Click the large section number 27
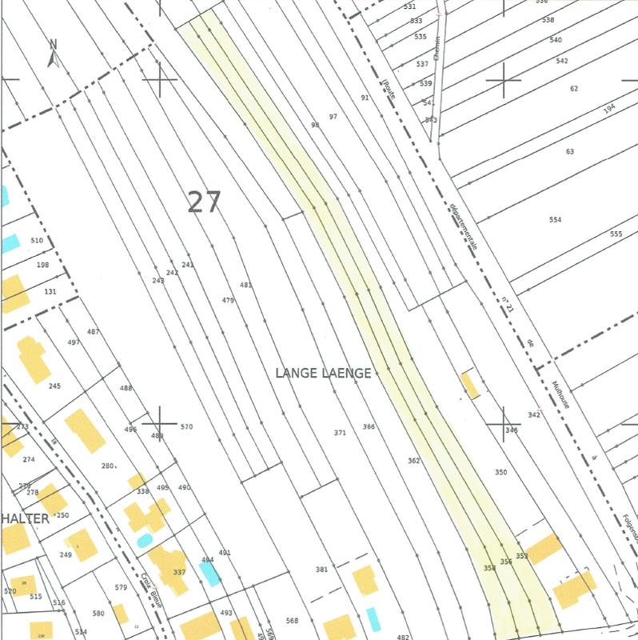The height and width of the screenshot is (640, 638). tap(203, 202)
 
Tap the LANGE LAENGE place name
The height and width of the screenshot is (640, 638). tap(323, 373)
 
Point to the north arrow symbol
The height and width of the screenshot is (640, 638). tap(54, 53)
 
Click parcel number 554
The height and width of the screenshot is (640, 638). tap(556, 220)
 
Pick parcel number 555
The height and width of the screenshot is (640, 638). tap(616, 234)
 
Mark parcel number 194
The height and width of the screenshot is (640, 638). tap(609, 108)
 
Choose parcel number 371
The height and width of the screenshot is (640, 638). tap(340, 433)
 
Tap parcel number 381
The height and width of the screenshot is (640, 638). tap(321, 570)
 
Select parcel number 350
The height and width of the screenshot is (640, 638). tap(500, 473)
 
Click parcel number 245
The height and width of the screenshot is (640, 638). tap(54, 386)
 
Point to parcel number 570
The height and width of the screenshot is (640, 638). tap(186, 427)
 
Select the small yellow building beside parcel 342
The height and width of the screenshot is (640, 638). tap(470, 385)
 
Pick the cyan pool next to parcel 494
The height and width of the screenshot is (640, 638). tap(210, 573)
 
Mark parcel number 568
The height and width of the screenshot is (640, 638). tap(292, 621)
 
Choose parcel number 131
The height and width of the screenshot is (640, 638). tap(50, 292)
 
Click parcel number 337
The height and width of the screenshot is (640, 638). tap(179, 572)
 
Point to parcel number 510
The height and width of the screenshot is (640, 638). tap(37, 240)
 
